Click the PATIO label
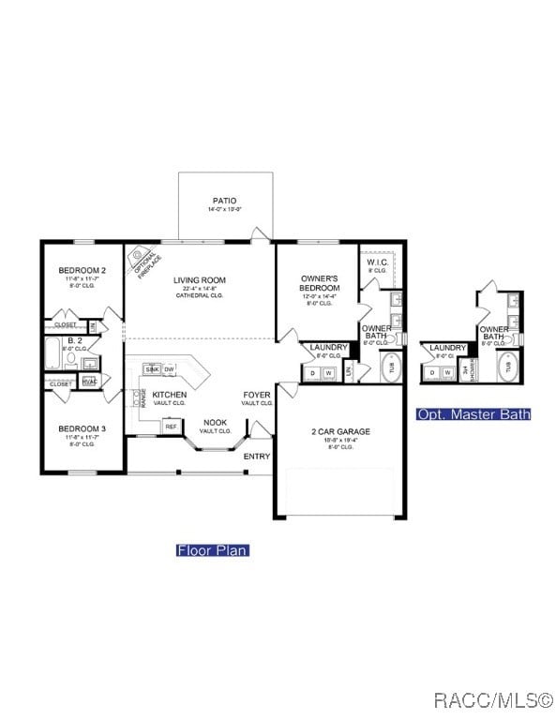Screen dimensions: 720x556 point(224,201)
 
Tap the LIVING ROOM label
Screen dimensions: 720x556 point(199,279)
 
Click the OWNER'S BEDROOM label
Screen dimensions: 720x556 point(320,283)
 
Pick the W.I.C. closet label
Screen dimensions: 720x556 point(379,262)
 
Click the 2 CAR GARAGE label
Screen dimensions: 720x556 point(340,432)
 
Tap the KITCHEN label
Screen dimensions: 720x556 point(170,395)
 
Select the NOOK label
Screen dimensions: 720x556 point(215,423)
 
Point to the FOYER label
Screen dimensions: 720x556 point(256,396)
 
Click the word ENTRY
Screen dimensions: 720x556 point(256,457)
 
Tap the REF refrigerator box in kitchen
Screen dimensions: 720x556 point(171,427)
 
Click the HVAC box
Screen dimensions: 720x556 point(89,382)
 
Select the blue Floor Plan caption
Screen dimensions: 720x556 point(212,550)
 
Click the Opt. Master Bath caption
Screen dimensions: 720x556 point(473,414)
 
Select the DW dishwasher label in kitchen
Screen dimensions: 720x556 point(170,370)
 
